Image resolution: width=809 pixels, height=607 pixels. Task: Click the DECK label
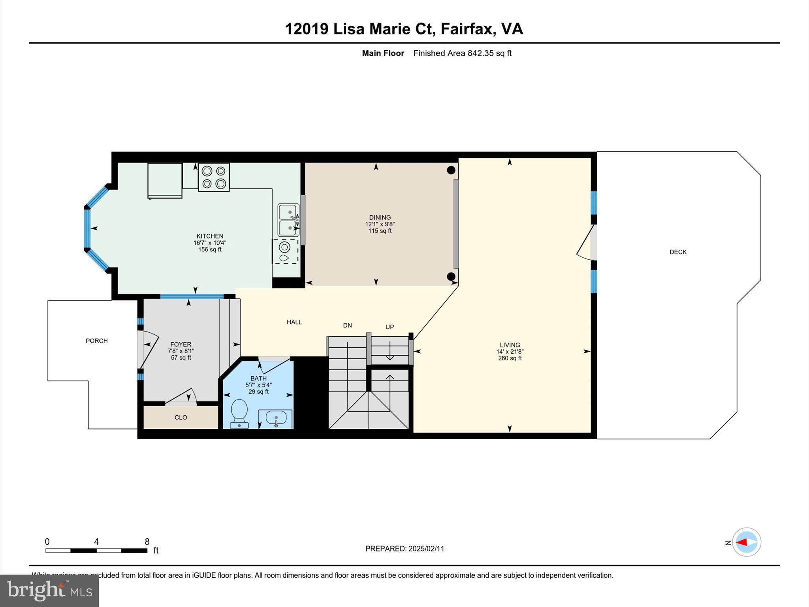(678, 252)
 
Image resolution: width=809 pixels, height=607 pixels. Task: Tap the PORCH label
(96, 341)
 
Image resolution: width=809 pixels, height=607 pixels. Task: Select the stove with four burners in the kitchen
(214, 177)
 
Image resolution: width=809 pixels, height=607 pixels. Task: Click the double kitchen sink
(288, 220)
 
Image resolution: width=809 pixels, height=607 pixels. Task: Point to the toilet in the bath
(239, 413)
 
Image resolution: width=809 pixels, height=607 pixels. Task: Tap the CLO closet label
(181, 417)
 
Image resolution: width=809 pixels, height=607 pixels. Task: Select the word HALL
(294, 322)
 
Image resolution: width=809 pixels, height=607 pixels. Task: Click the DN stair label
(347, 325)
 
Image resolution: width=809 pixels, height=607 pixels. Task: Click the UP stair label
(389, 327)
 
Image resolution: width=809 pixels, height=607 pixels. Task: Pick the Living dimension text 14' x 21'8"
(510, 351)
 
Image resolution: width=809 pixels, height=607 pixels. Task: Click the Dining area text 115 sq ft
(380, 231)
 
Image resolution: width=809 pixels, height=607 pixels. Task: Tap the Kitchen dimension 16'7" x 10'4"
(210, 243)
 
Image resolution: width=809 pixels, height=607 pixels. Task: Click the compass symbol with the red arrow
(746, 542)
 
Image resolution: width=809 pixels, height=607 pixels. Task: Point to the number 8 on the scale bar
(147, 541)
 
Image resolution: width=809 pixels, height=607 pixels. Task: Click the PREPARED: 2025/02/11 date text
(404, 549)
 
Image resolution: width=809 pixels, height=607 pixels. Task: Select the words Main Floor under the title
(383, 53)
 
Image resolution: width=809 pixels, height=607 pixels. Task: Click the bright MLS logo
(49, 590)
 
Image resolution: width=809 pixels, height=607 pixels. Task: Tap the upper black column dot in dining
(451, 170)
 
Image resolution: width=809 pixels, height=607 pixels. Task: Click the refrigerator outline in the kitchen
(165, 180)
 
